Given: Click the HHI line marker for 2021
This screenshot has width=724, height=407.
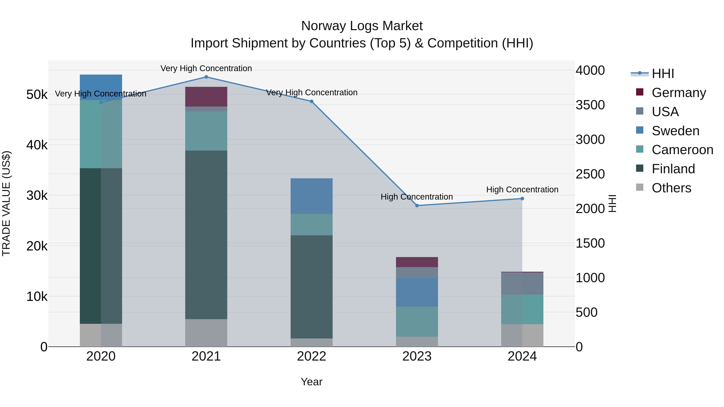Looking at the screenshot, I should (206, 77).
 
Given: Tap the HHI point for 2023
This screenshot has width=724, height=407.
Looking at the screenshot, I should (417, 206).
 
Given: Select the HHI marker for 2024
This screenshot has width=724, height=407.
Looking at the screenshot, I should (522, 199).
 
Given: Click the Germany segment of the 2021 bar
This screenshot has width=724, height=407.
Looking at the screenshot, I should (206, 97).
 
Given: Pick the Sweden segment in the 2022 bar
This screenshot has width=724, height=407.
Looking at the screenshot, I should (311, 196).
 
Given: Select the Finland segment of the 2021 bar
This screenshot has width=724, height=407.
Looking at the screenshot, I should (206, 235).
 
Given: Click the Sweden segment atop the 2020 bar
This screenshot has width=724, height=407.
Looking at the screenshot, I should (101, 87).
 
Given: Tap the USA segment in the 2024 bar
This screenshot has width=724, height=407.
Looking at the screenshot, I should (522, 283).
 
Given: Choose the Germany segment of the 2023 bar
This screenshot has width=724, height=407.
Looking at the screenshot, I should (417, 262).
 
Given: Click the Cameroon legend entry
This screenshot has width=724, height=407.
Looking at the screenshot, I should (682, 150).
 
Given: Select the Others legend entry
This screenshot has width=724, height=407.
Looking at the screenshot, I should (671, 188).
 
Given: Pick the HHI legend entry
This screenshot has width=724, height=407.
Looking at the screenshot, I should (662, 74).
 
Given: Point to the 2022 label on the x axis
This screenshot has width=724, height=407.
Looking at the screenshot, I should (311, 356).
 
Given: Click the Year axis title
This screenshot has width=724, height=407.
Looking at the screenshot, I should (311, 382).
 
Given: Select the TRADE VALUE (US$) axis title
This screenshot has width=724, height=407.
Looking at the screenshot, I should (6, 203).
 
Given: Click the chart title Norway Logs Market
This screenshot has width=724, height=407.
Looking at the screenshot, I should (362, 26).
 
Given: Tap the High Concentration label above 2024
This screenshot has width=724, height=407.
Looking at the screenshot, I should (522, 190).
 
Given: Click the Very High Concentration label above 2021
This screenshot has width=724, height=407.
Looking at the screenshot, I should (206, 68).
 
